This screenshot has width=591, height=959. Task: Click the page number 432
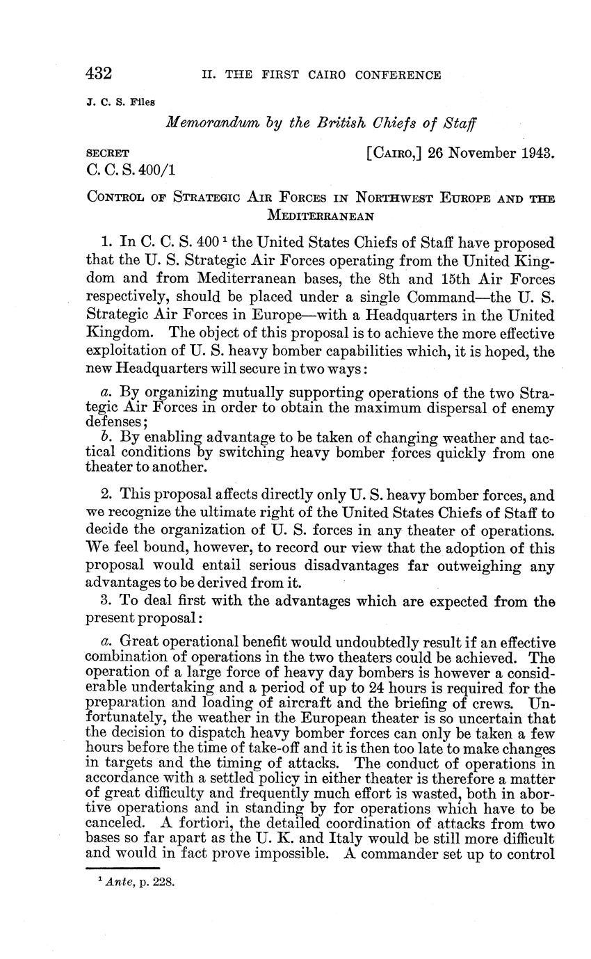point(99,74)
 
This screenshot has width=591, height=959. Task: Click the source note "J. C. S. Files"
point(120,102)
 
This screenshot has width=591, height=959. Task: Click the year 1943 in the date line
point(535,153)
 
